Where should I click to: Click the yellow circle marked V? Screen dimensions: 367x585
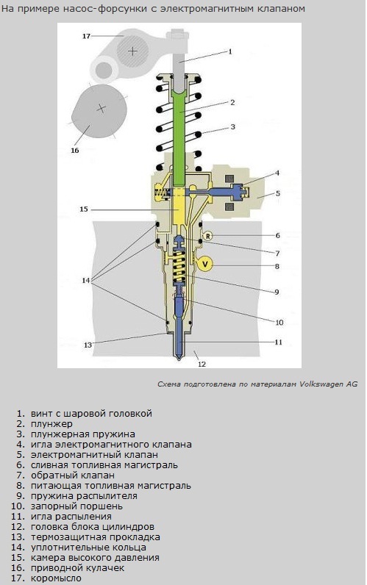pyautogui.click(x=205, y=264)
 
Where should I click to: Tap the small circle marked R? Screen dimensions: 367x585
pyautogui.click(x=207, y=236)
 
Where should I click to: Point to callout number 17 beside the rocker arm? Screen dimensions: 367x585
pyautogui.click(x=86, y=36)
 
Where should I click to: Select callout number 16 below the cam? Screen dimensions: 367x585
pyautogui.click(x=75, y=151)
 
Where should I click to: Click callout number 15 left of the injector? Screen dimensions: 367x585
pyautogui.click(x=84, y=209)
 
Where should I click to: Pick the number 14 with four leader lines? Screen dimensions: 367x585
pyautogui.click(x=86, y=280)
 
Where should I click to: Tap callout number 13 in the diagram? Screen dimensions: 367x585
pyautogui.click(x=88, y=345)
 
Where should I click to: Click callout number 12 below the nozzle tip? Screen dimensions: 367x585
pyautogui.click(x=202, y=364)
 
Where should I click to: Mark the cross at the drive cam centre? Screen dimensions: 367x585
pyautogui.click(x=101, y=108)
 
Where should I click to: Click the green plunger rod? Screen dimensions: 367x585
pyautogui.click(x=181, y=138)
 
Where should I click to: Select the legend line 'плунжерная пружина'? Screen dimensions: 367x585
pyautogui.click(x=83, y=434)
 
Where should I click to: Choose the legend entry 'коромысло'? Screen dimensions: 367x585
pyautogui.click(x=56, y=578)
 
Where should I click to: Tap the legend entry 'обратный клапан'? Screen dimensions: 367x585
pyautogui.click(x=73, y=475)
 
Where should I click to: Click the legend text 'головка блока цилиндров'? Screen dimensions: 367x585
pyautogui.click(x=93, y=527)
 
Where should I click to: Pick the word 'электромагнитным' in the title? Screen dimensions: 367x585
pyautogui.click(x=205, y=9)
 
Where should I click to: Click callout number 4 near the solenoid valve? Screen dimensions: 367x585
pyautogui.click(x=277, y=173)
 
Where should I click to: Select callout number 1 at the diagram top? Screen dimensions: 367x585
pyautogui.click(x=230, y=51)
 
